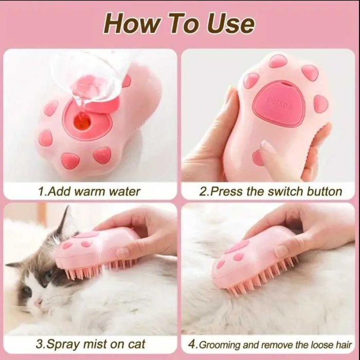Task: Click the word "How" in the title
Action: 131,24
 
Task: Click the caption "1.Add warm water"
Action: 89,191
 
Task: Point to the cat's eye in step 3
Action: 48,275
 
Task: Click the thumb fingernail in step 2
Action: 268,147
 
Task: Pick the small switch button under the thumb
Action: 257,157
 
